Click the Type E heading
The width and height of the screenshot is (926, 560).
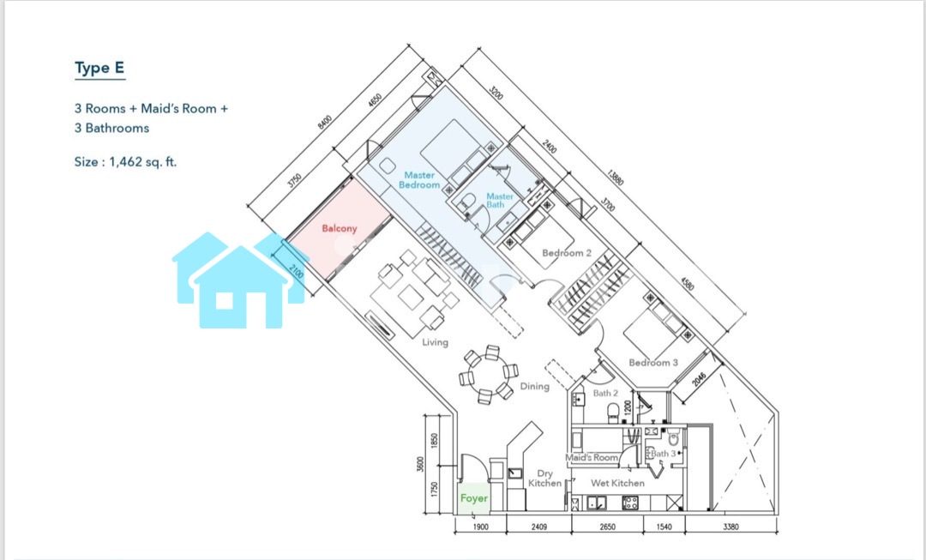point(99,69)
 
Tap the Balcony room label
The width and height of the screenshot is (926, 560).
point(340,228)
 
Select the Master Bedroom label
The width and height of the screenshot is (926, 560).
point(419,179)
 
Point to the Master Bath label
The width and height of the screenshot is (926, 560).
point(499,201)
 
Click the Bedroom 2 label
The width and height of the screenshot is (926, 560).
point(567,253)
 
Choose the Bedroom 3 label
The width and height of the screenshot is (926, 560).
point(653,362)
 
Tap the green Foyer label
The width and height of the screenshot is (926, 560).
point(474,498)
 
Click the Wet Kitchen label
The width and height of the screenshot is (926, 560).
point(617,483)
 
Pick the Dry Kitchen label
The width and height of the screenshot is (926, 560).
point(544,478)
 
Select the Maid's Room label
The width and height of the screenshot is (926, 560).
point(592,457)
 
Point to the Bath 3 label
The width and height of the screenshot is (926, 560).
point(663,454)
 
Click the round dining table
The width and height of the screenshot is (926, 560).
point(488,375)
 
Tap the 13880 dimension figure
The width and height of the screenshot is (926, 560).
point(615,178)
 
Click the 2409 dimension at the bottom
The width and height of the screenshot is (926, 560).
point(538,527)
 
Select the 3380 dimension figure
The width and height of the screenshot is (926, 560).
point(731,527)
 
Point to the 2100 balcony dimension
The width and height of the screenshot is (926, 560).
point(297,272)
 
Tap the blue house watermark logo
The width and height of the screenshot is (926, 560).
point(240,280)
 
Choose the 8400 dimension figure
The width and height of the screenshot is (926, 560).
point(325,122)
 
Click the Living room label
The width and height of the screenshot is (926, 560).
point(435,342)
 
